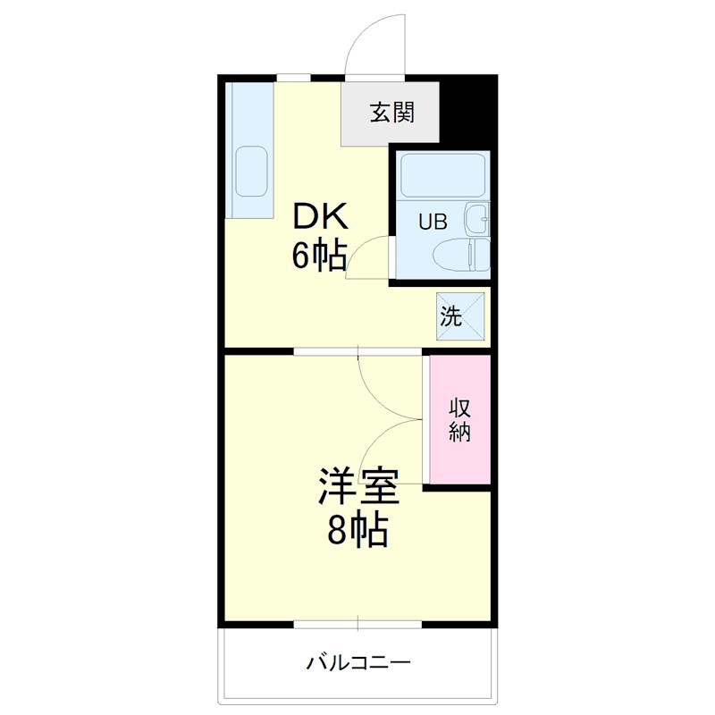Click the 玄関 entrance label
(391, 113)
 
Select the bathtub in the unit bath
(442, 175)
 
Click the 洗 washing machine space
(460, 315)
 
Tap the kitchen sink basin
(251, 171)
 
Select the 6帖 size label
(318, 257)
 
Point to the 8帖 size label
(357, 532)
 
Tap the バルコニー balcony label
(357, 663)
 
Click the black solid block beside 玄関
(468, 111)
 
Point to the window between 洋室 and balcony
(357, 622)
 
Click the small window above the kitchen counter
(293, 78)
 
